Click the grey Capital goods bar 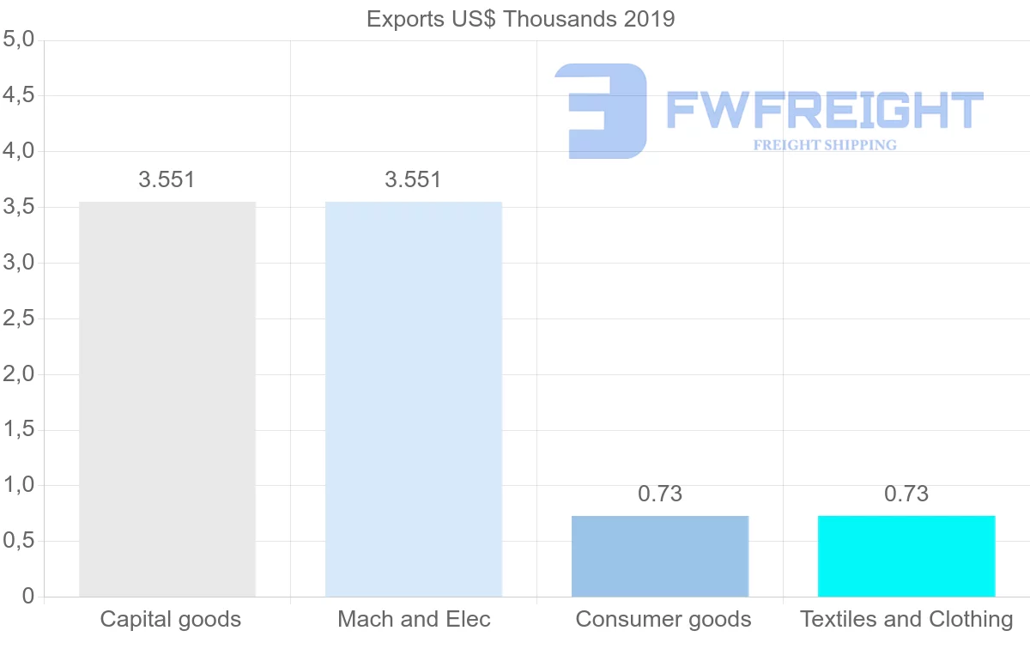167,399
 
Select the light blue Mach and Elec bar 414,399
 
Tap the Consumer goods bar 660,556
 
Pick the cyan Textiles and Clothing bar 906,556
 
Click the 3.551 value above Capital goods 167,179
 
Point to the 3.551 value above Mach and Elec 414,179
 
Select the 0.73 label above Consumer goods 660,494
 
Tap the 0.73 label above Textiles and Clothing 906,494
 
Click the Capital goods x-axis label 171,619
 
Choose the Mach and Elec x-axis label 414,619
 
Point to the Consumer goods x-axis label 663,619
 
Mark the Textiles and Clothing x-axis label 906,619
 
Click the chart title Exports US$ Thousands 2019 521,19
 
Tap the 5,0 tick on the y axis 18,39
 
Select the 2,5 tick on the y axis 18,318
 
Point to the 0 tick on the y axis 28,596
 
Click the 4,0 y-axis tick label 18,151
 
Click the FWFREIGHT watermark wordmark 824,110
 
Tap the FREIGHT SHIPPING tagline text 825,145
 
